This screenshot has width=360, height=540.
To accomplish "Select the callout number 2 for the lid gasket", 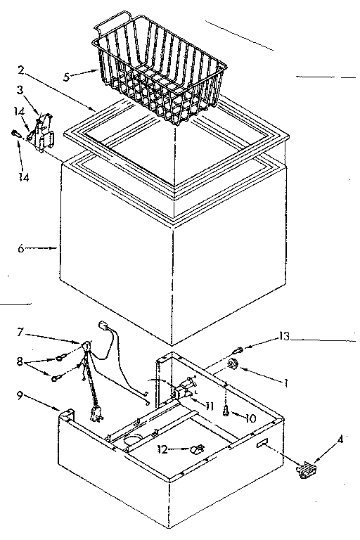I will point(22,70).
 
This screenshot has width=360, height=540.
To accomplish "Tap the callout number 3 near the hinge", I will point(21,91).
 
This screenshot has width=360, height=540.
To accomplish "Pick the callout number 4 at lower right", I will point(341,440).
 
